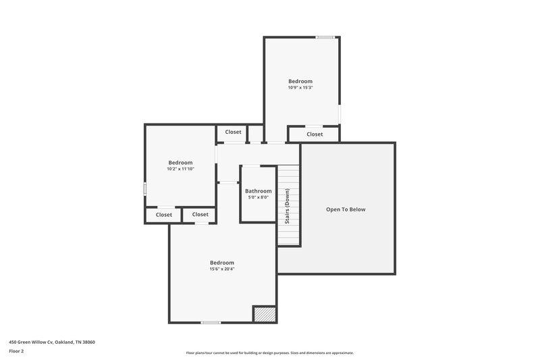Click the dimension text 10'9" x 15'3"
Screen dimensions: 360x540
[300, 88]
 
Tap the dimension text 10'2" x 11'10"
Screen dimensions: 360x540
[180, 169]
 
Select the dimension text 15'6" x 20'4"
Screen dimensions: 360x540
[221, 269]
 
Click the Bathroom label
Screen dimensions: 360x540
[259, 191]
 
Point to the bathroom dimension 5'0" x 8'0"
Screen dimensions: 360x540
[259, 198]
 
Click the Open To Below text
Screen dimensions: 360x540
[346, 209]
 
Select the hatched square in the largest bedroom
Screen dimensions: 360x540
[265, 314]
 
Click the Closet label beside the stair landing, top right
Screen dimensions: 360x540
[315, 134]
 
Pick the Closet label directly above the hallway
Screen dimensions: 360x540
[233, 132]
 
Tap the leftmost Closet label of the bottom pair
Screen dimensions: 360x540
[164, 215]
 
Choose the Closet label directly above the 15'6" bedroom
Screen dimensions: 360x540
[200, 215]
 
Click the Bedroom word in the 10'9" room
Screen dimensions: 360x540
[300, 81]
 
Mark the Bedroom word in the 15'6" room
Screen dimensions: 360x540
[221, 263]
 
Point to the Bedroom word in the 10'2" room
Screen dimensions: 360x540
[180, 163]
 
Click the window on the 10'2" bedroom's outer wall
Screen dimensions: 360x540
[144, 189]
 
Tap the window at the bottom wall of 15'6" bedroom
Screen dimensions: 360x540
[211, 322]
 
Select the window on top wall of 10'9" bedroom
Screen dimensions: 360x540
[326, 37]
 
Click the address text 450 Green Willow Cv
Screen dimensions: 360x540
[34, 342]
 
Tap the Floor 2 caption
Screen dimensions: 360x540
[16, 352]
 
